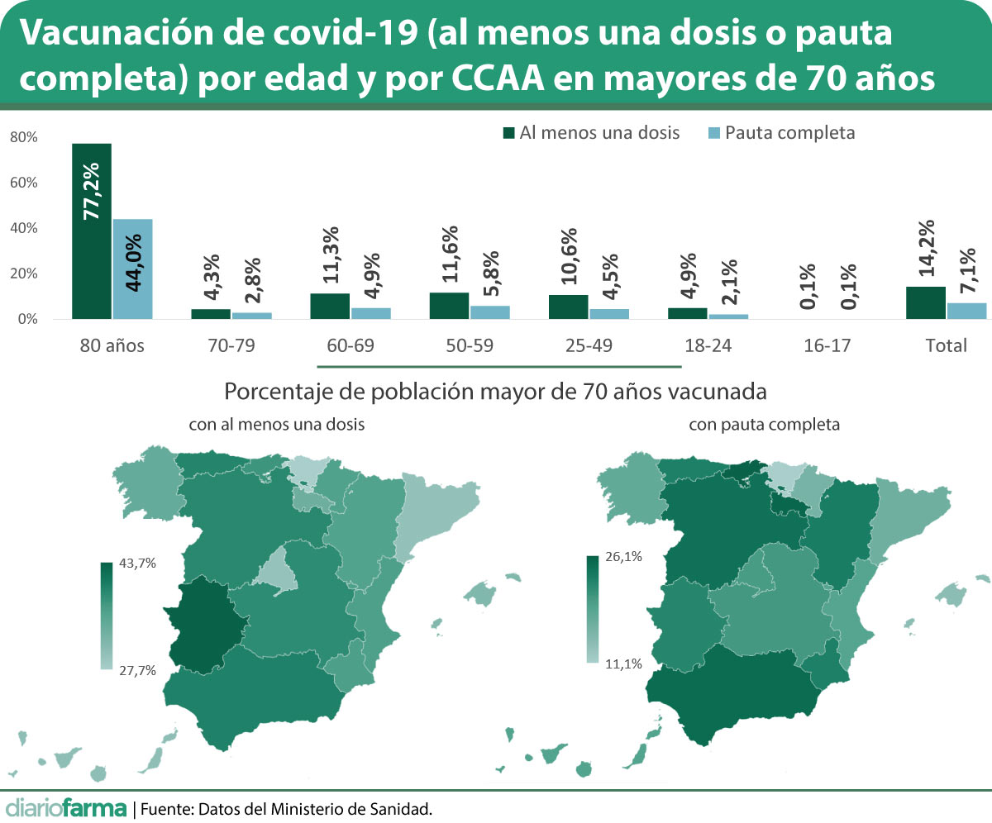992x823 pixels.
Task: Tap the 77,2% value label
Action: (91, 192)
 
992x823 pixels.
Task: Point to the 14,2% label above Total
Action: (926, 248)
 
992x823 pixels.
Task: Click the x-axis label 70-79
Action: (231, 346)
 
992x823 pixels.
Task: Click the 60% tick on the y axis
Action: (23, 183)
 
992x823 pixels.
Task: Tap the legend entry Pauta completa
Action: (781, 133)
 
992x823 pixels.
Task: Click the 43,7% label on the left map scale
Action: (138, 563)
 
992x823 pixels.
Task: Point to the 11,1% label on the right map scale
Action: (624, 663)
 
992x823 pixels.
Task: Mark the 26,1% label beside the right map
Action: (624, 557)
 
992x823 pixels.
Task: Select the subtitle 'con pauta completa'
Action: (765, 425)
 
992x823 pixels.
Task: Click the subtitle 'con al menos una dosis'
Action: (277, 425)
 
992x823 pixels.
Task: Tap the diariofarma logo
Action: (66, 807)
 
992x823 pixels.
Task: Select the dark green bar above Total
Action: (926, 302)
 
